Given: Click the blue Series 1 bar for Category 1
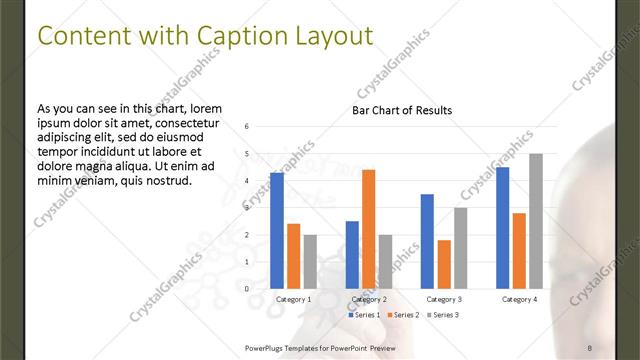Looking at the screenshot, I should tap(277, 231).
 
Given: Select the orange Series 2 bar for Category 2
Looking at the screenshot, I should tap(368, 229).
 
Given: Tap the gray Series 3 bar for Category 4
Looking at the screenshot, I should tap(535, 221).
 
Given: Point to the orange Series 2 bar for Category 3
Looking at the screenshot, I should tap(444, 264).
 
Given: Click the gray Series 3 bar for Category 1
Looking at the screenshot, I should tap(310, 262).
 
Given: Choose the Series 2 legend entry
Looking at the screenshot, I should tap(403, 315).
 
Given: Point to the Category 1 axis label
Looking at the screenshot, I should tap(293, 299).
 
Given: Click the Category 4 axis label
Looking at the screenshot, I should tap(519, 299).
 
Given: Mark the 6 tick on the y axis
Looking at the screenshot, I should tap(247, 127).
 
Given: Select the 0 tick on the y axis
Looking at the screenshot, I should tap(247, 289).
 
